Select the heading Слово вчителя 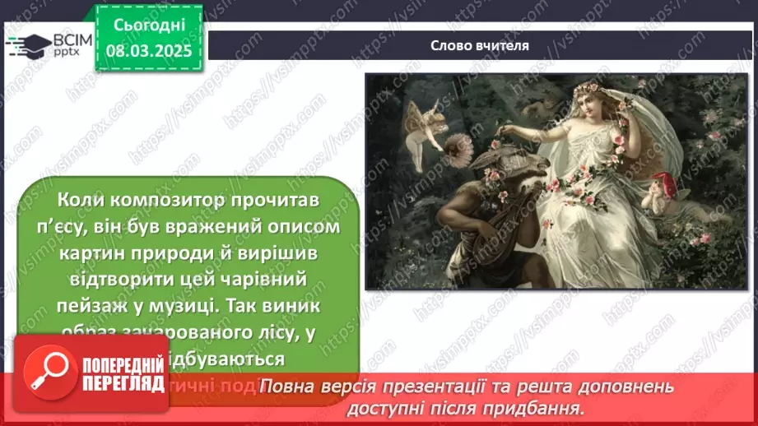click(480, 45)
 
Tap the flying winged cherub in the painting click(422, 123)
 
